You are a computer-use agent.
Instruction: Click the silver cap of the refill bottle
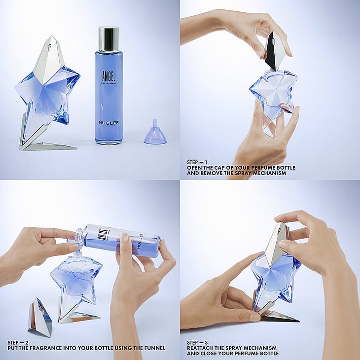point(108,39)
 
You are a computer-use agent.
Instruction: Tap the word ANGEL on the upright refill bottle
point(109,76)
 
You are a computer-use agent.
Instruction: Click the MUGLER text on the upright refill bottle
point(109,123)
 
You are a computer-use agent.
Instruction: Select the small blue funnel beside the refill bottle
point(155,133)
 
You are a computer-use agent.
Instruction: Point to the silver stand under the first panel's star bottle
point(43,138)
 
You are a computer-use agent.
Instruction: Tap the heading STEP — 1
point(197,162)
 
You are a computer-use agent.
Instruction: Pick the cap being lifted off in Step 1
point(275,51)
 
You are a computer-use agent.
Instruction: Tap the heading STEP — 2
point(18,343)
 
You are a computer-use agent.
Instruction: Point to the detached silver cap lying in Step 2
point(40,318)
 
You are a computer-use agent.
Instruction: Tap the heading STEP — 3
point(197,343)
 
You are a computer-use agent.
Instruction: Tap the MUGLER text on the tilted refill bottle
point(140,241)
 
